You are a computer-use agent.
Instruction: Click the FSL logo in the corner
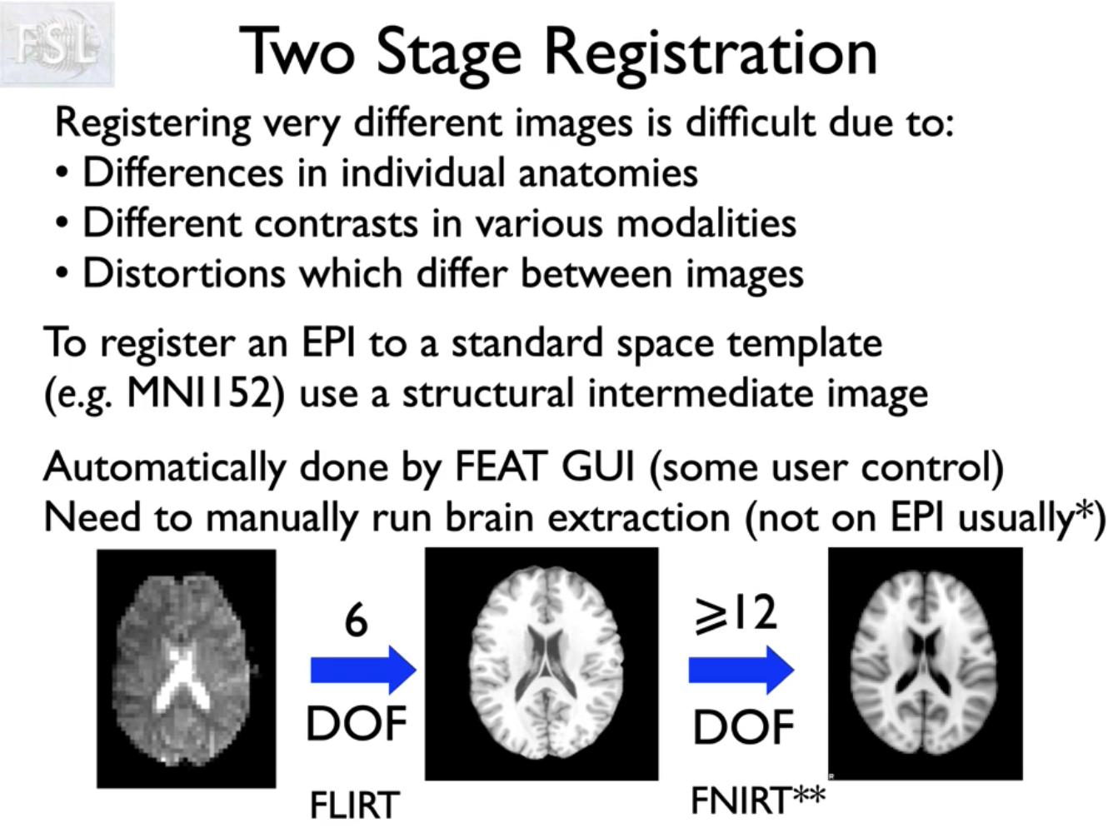(x=57, y=43)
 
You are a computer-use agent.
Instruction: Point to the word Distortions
(x=183, y=273)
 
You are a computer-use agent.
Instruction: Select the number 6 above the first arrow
(x=357, y=621)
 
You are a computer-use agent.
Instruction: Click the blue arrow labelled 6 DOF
(x=362, y=670)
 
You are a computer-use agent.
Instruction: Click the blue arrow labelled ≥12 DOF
(x=741, y=670)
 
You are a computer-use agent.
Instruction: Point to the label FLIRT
(x=355, y=805)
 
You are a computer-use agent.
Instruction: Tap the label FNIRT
(x=740, y=801)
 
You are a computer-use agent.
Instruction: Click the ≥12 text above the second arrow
(x=736, y=614)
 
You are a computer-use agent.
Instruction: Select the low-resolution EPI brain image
(x=186, y=668)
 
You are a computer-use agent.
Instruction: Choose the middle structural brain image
(x=542, y=664)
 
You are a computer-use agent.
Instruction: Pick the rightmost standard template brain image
(x=925, y=664)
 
